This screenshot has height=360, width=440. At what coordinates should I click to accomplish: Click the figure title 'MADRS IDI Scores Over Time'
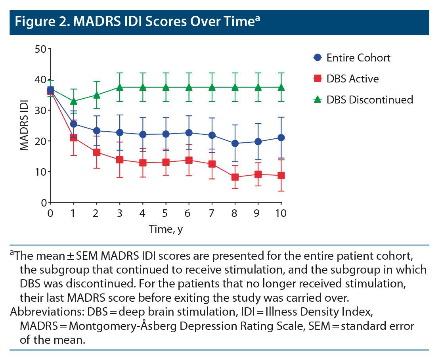pyautogui.click(x=135, y=22)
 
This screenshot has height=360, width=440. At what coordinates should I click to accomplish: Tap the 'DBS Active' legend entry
pyautogui.click(x=352, y=79)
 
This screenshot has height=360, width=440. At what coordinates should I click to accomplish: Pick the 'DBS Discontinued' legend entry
pyautogui.click(x=369, y=100)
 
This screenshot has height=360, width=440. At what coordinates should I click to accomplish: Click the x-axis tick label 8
pyautogui.click(x=235, y=213)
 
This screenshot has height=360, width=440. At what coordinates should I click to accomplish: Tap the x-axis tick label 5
pyautogui.click(x=166, y=213)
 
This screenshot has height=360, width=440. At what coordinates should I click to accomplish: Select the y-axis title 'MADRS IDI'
pyautogui.click(x=25, y=125)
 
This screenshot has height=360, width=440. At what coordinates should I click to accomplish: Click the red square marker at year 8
pyautogui.click(x=235, y=177)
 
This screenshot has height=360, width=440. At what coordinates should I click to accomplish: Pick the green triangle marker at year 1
pyautogui.click(x=73, y=101)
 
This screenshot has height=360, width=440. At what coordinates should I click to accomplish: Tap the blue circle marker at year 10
pyautogui.click(x=281, y=138)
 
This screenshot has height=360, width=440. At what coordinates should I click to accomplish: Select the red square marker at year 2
pyautogui.click(x=96, y=152)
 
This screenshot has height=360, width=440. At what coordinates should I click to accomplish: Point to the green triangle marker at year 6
pyautogui.click(x=189, y=87)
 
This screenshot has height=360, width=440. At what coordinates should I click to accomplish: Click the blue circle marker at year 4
pyautogui.click(x=143, y=134)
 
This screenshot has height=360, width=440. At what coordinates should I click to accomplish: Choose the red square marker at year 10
pyautogui.click(x=281, y=175)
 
